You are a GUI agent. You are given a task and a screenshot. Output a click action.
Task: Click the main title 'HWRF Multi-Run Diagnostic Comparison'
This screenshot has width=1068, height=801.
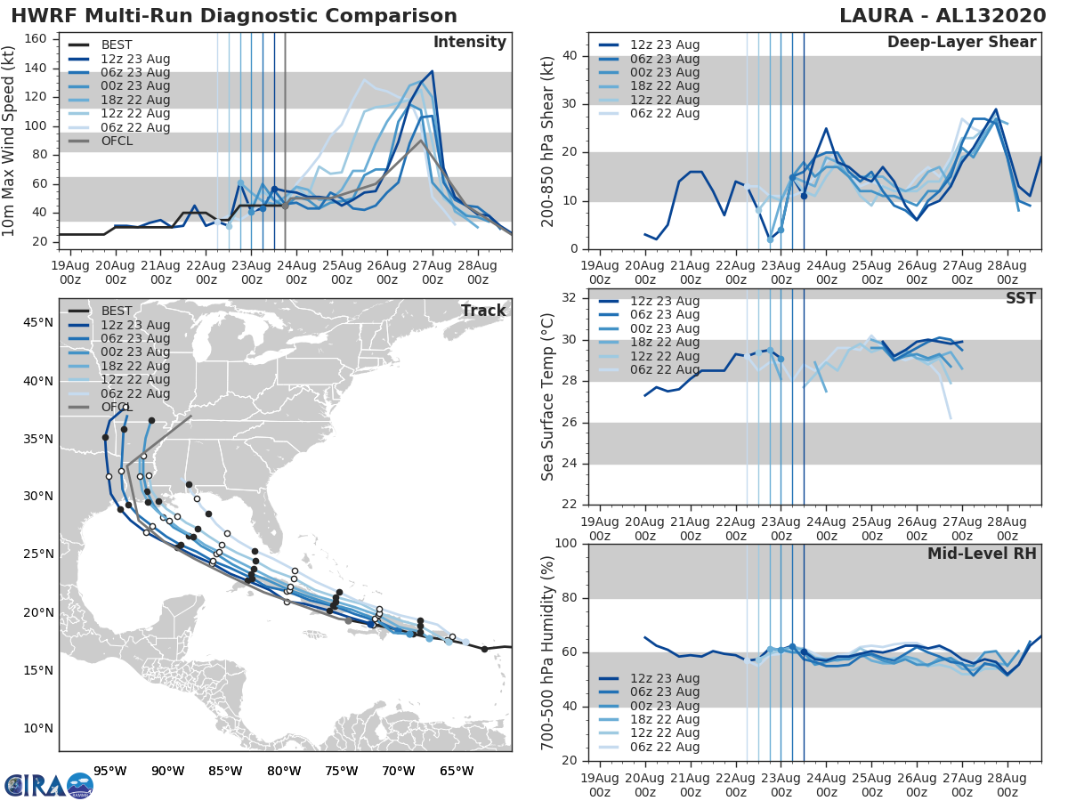[x=234, y=16]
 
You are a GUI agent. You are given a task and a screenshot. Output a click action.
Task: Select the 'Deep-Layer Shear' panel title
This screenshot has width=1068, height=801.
[x=961, y=43]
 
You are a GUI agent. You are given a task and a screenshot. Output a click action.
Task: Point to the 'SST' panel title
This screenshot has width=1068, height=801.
[x=1020, y=298]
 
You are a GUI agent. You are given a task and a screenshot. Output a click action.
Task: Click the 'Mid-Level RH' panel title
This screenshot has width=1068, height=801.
[x=982, y=554]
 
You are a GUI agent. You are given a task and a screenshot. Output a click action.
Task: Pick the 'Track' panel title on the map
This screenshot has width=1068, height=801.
[x=482, y=311]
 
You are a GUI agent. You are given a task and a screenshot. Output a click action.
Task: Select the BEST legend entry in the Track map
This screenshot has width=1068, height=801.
[x=117, y=311]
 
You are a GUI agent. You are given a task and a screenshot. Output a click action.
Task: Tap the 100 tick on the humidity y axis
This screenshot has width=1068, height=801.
[x=566, y=544]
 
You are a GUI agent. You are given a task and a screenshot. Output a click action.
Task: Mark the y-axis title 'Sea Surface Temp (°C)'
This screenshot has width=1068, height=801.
[x=547, y=398]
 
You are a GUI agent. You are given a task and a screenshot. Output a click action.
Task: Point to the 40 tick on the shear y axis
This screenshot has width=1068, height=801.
[x=570, y=56]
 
